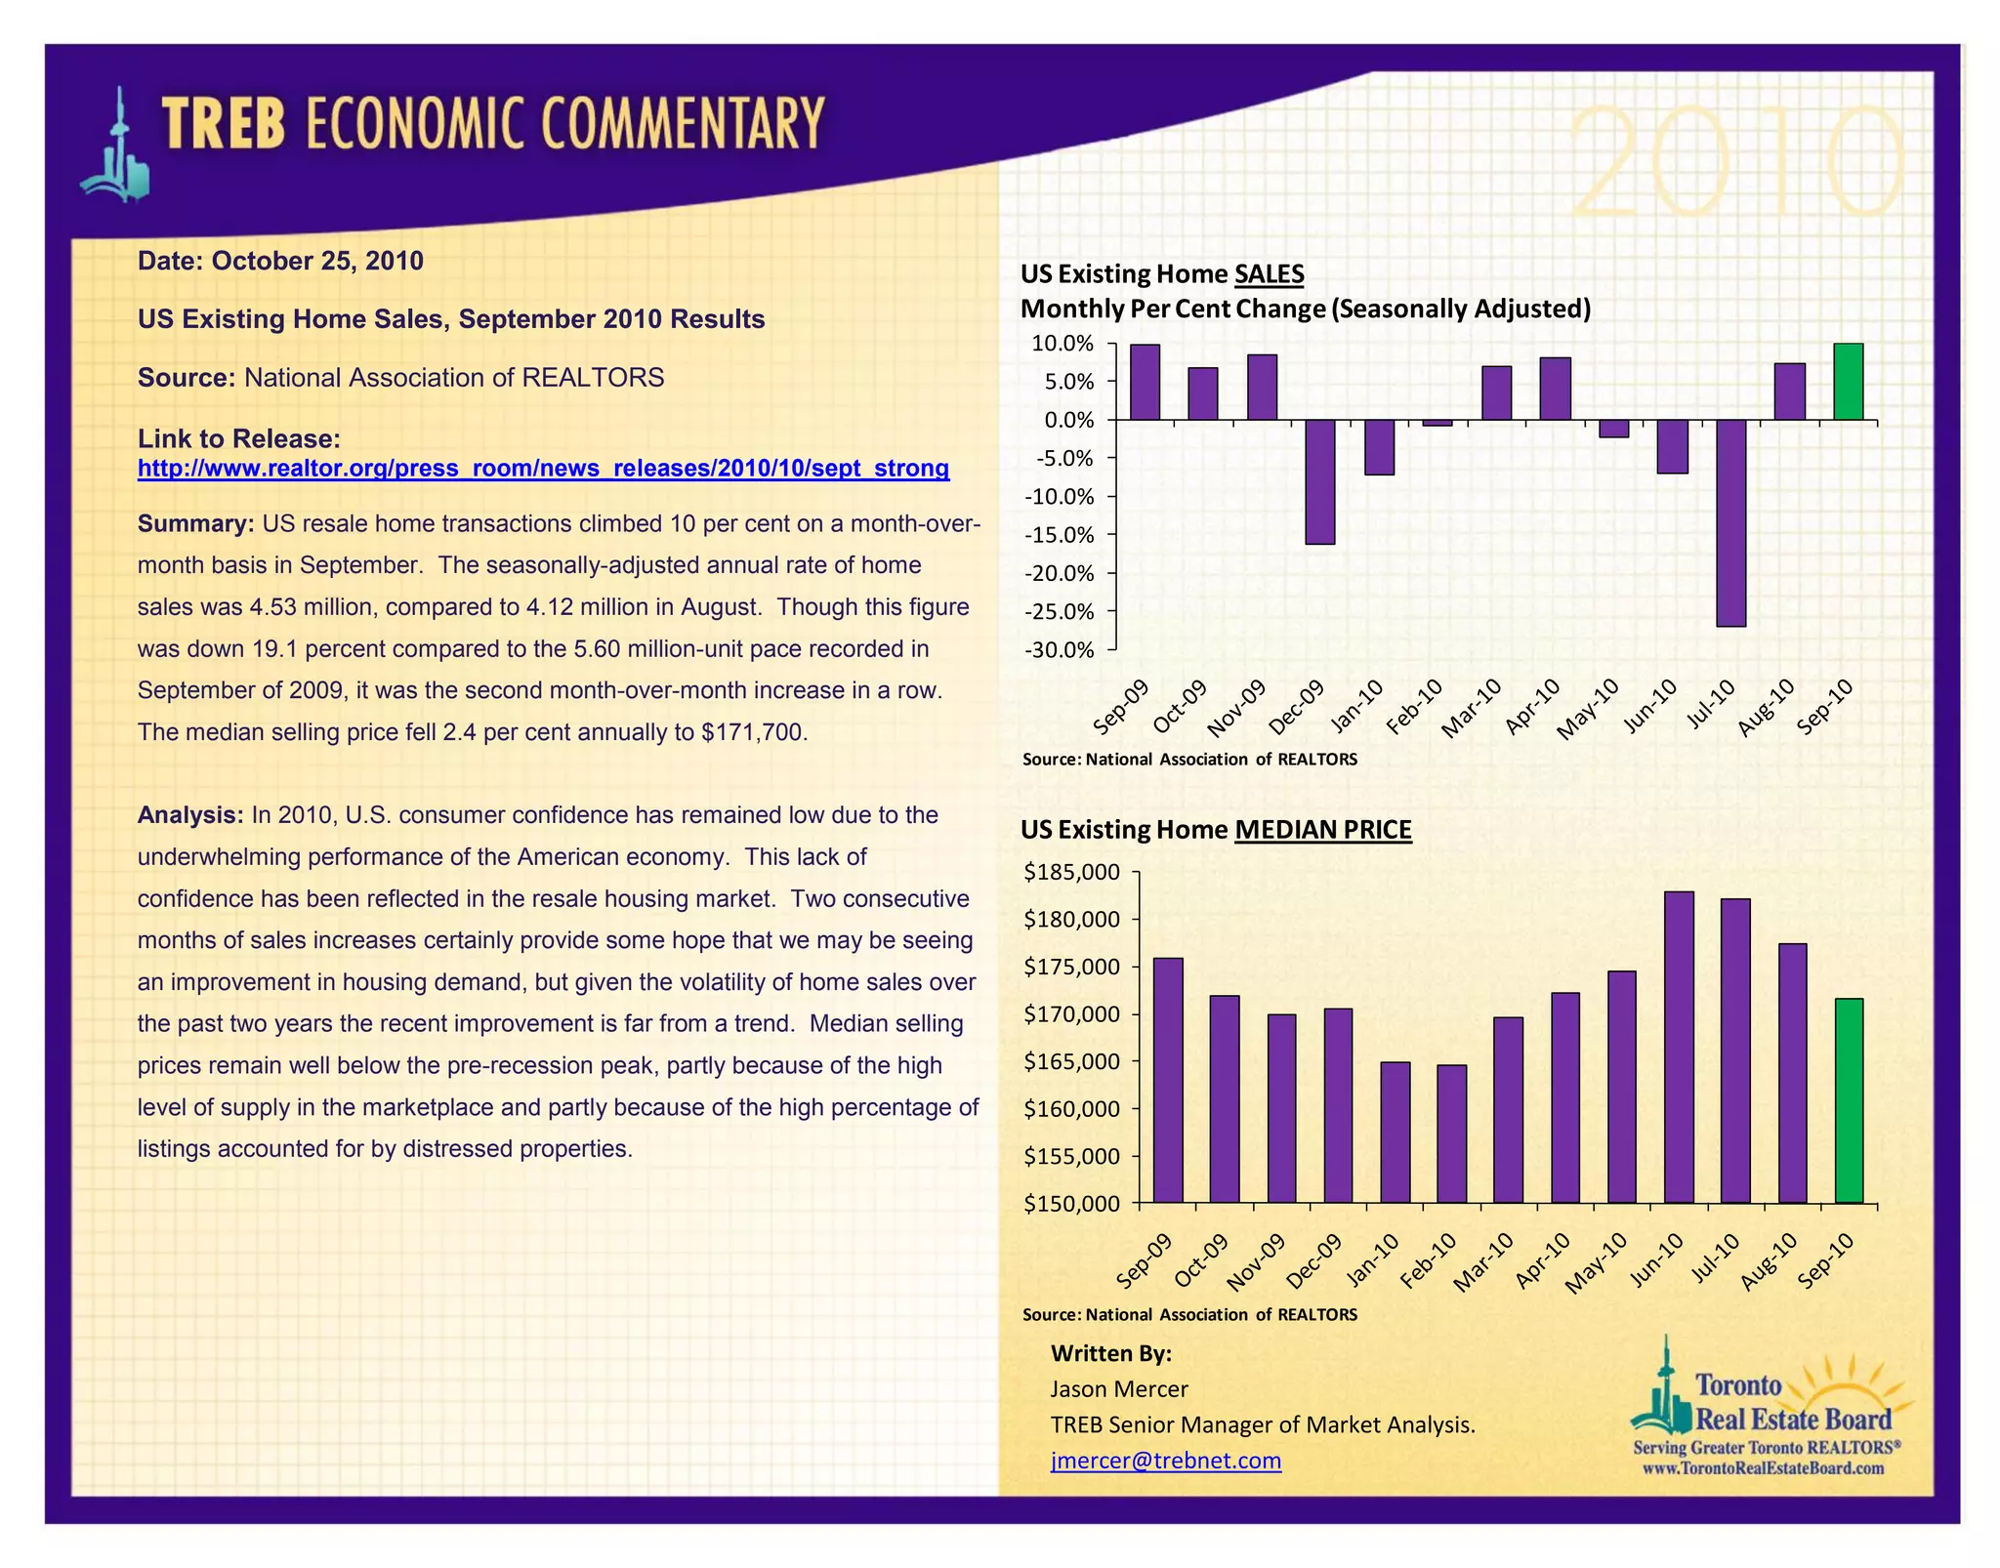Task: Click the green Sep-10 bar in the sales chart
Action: (1848, 382)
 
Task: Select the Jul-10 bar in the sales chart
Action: (1730, 522)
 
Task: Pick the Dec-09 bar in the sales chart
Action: (1320, 481)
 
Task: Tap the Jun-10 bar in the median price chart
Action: (1679, 1047)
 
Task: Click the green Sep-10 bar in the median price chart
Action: (1849, 1100)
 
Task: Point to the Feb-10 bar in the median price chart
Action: (1451, 1134)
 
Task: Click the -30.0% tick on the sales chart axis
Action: (1059, 650)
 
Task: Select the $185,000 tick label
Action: (1071, 872)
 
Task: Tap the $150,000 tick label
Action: (1071, 1204)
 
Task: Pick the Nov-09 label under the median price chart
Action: (1256, 1262)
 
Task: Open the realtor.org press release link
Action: (543, 469)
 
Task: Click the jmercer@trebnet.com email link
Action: (1166, 1461)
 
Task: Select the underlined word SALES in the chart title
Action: (1269, 274)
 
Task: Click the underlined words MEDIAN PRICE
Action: (1323, 830)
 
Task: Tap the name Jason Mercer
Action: (1119, 1389)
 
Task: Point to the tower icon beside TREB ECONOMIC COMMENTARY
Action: (117, 146)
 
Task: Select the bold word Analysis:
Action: (190, 815)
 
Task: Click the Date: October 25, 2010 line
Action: (280, 262)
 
